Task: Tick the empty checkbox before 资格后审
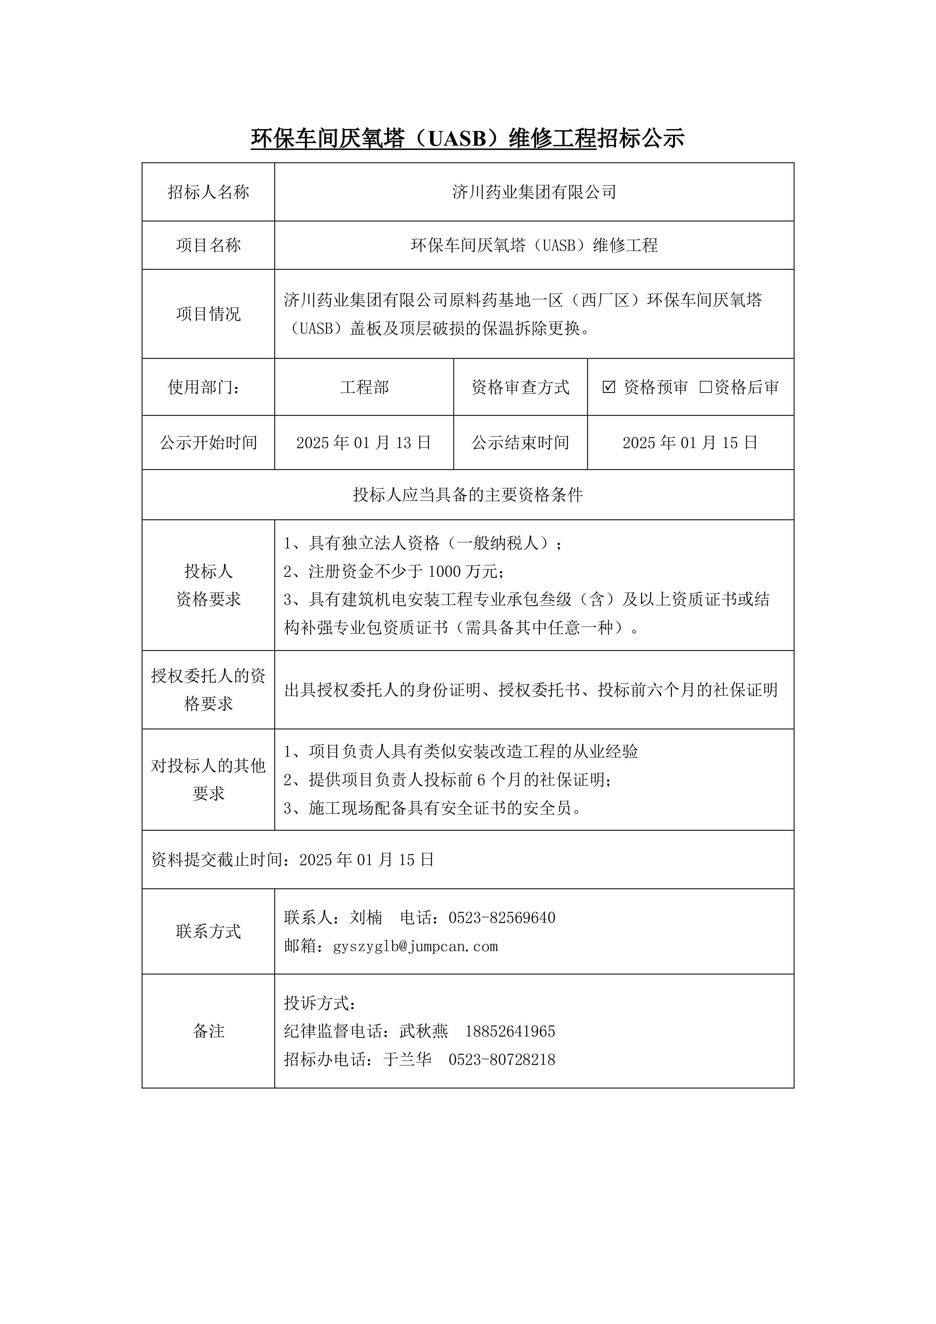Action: [705, 387]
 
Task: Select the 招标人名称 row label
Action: [208, 192]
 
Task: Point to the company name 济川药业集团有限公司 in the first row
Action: [534, 192]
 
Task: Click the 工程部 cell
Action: [364, 387]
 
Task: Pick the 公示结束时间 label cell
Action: [521, 443]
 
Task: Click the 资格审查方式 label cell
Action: [521, 387]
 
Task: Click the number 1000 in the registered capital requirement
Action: [445, 571]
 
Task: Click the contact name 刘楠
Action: [366, 918]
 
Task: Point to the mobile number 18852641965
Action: [510, 1031]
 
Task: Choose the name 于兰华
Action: [407, 1060]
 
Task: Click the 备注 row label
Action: [208, 1031]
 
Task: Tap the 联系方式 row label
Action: [208, 931]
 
